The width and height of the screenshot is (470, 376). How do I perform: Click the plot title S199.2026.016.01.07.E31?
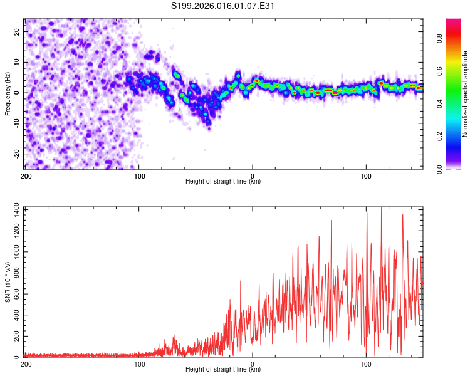pyautogui.click(x=224, y=6)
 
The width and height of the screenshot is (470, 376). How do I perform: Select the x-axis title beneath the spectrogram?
pyautogui.click(x=223, y=181)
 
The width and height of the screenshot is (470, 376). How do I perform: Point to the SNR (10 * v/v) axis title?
pyautogui.click(x=8, y=282)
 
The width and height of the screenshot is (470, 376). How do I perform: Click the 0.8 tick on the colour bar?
pyautogui.click(x=440, y=38)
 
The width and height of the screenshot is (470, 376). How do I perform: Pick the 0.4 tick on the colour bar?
pyautogui.click(x=440, y=104)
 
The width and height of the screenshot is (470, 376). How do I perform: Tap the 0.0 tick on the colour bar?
pyautogui.click(x=440, y=169)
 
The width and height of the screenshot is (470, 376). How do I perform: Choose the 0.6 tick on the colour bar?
pyautogui.click(x=440, y=71)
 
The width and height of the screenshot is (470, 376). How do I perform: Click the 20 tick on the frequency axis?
pyautogui.click(x=17, y=31)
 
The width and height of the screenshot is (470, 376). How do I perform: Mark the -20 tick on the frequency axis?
pyautogui.click(x=16, y=154)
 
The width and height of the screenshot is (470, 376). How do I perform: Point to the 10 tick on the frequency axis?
pyautogui.click(x=17, y=62)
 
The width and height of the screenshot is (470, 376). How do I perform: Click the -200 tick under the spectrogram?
pyautogui.click(x=24, y=175)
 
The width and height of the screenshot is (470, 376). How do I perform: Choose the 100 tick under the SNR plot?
pyautogui.click(x=366, y=363)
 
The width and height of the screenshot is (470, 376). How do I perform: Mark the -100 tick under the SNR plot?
pyautogui.click(x=138, y=363)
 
